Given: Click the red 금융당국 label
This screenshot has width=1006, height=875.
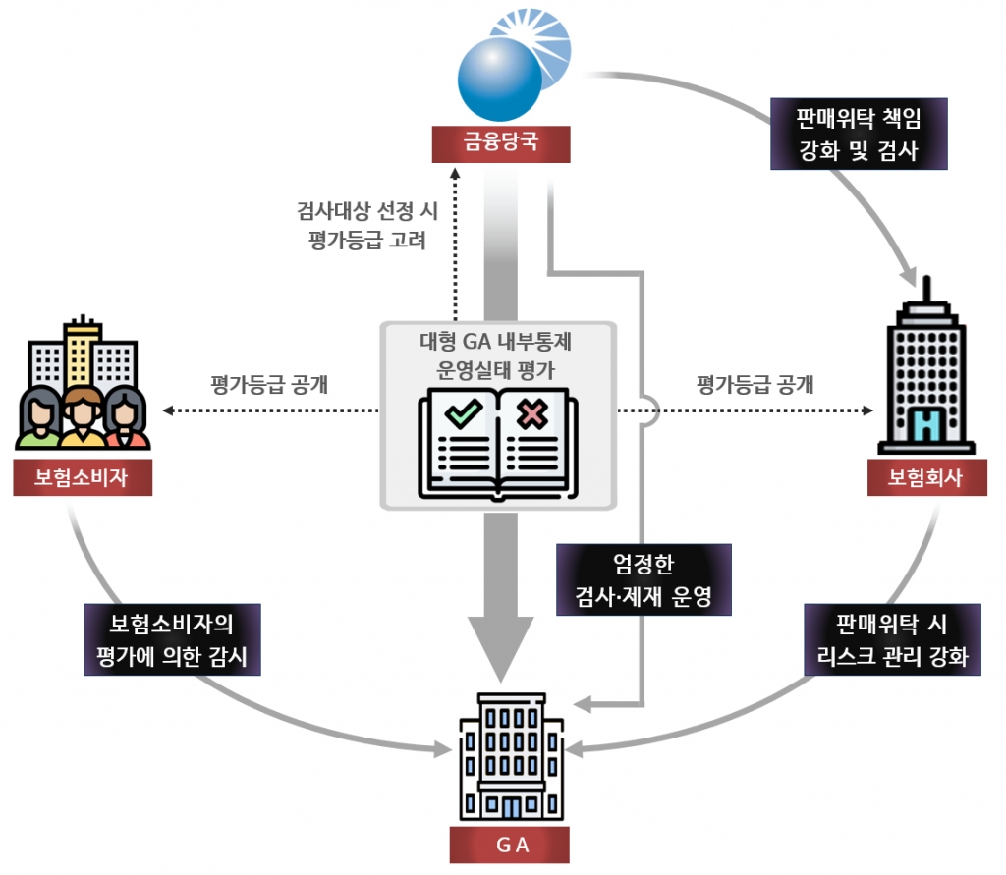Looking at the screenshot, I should pyautogui.click(x=501, y=144).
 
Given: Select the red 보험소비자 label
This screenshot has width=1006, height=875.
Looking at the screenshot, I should pyautogui.click(x=83, y=477).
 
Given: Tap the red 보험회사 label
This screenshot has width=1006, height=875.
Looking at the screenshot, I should pyautogui.click(x=926, y=477).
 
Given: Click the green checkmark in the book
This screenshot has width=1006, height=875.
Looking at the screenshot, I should pyautogui.click(x=460, y=413).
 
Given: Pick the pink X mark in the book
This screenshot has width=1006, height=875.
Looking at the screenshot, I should pyautogui.click(x=532, y=414).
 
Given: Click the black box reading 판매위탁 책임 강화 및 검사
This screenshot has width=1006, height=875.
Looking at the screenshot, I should pyautogui.click(x=859, y=135).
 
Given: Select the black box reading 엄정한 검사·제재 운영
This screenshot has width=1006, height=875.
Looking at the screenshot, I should pyautogui.click(x=643, y=580).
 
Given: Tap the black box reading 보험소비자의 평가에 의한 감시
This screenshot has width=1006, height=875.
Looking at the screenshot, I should pyautogui.click(x=172, y=639).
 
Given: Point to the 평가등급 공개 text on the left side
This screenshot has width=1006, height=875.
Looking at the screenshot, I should pyautogui.click(x=269, y=383).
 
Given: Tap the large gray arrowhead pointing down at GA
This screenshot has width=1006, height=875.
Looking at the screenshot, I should pyautogui.click(x=500, y=648).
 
